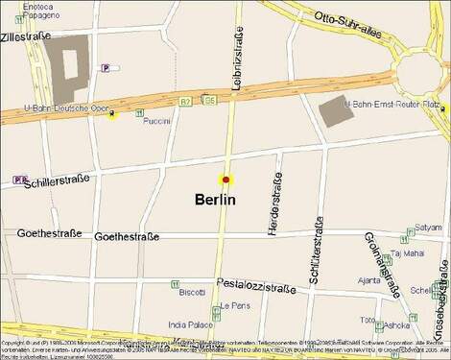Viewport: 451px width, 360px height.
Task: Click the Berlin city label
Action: [215, 200]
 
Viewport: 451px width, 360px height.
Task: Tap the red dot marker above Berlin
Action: [226, 180]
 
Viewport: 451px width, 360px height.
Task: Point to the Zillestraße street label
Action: [26, 36]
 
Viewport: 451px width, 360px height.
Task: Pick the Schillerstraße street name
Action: [59, 179]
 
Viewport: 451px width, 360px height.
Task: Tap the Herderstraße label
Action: [276, 203]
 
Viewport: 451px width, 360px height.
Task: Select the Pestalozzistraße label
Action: [256, 286]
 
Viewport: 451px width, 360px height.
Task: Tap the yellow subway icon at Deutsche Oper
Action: [113, 116]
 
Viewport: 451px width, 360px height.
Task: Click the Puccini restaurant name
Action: [156, 121]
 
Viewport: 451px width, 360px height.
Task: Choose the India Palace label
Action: [189, 324]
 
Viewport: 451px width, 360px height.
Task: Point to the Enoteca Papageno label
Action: [36, 12]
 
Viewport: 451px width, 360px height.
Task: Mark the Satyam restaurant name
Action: [429, 228]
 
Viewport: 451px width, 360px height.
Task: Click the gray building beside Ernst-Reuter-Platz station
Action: [336, 111]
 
